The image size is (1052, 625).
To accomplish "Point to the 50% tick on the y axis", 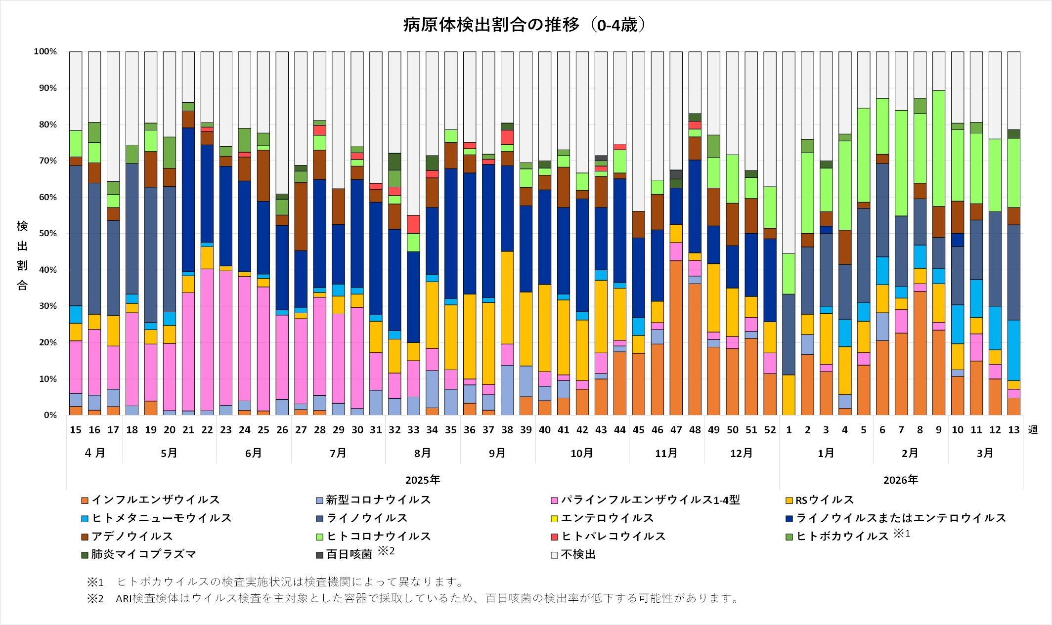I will pos(45,233).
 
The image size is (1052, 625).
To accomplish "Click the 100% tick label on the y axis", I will pos(45,51).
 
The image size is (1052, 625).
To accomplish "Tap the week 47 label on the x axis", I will pos(676,430).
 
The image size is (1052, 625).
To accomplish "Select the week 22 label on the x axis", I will pos(207,430).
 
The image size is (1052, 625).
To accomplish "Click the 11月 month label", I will pos(666,453).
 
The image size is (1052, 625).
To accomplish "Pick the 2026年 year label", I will pos(901,480).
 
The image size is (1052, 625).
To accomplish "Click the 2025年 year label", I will pos(423,480).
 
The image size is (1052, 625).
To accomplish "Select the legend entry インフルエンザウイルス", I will pos(155,500).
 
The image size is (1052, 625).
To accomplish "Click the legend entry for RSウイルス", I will pos(824,500).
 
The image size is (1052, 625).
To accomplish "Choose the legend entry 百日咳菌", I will pos(349,554).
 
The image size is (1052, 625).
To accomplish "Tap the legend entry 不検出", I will pos(578,554).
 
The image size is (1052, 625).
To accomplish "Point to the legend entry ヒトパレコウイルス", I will pos(613,536).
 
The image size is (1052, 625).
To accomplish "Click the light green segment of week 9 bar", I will pos(939,148).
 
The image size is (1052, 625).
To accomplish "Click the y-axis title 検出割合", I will pos(22,255).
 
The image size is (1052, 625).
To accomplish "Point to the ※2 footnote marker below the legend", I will pos(95,599).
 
